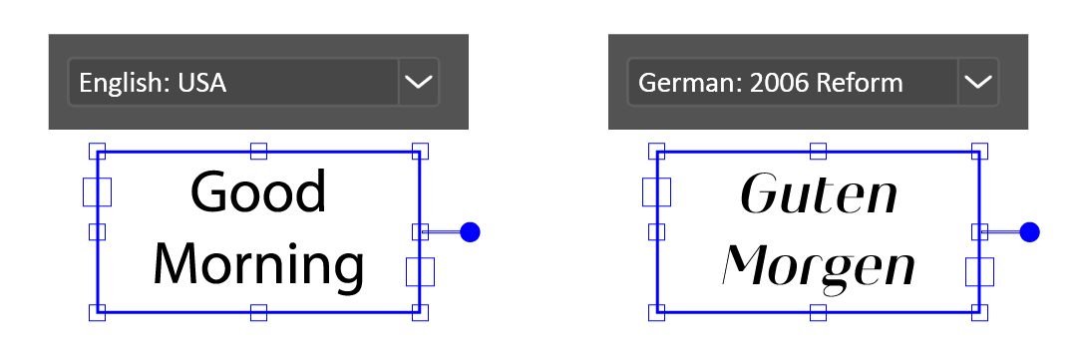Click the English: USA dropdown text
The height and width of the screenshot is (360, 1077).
point(153,83)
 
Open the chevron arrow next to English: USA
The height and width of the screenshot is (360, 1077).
point(418,82)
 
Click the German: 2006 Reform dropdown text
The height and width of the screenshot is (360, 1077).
point(770,83)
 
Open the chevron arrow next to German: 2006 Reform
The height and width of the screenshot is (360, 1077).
point(978,82)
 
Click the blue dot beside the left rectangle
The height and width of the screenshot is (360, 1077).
point(471,232)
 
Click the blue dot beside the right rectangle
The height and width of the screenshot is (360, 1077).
point(1030,232)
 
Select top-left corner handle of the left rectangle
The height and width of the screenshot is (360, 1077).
point(97,152)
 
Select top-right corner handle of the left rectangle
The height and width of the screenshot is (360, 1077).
point(420,152)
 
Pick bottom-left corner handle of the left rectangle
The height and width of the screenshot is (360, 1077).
point(97,313)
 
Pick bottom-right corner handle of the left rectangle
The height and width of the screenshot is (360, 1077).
point(420,313)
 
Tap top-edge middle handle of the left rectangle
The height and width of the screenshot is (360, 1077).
point(258,152)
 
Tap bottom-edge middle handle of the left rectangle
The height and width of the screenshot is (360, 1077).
point(258,313)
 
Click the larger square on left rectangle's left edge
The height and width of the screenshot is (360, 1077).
point(97,192)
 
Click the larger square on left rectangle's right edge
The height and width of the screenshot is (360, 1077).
point(420,271)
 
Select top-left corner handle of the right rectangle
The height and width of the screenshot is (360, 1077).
point(656,152)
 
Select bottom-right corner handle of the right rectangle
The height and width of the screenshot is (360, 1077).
point(979,313)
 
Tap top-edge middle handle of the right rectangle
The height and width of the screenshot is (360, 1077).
point(818,152)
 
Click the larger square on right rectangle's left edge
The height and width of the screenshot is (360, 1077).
point(656,192)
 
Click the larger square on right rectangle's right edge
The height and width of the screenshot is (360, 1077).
point(979,271)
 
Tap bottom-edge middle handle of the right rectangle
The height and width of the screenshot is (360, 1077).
point(818,313)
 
